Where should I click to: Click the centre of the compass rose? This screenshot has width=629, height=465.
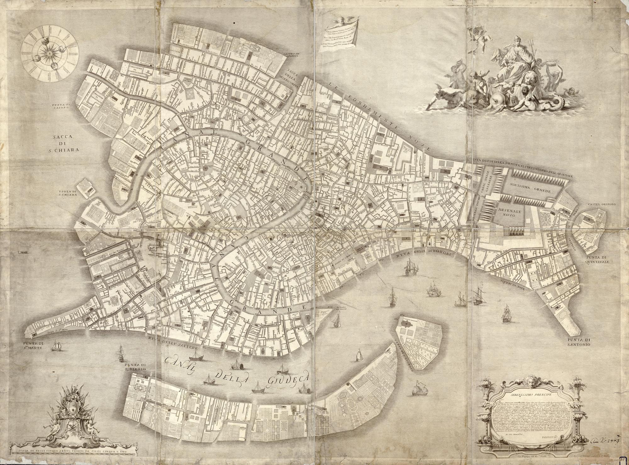[x=49, y=53]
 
